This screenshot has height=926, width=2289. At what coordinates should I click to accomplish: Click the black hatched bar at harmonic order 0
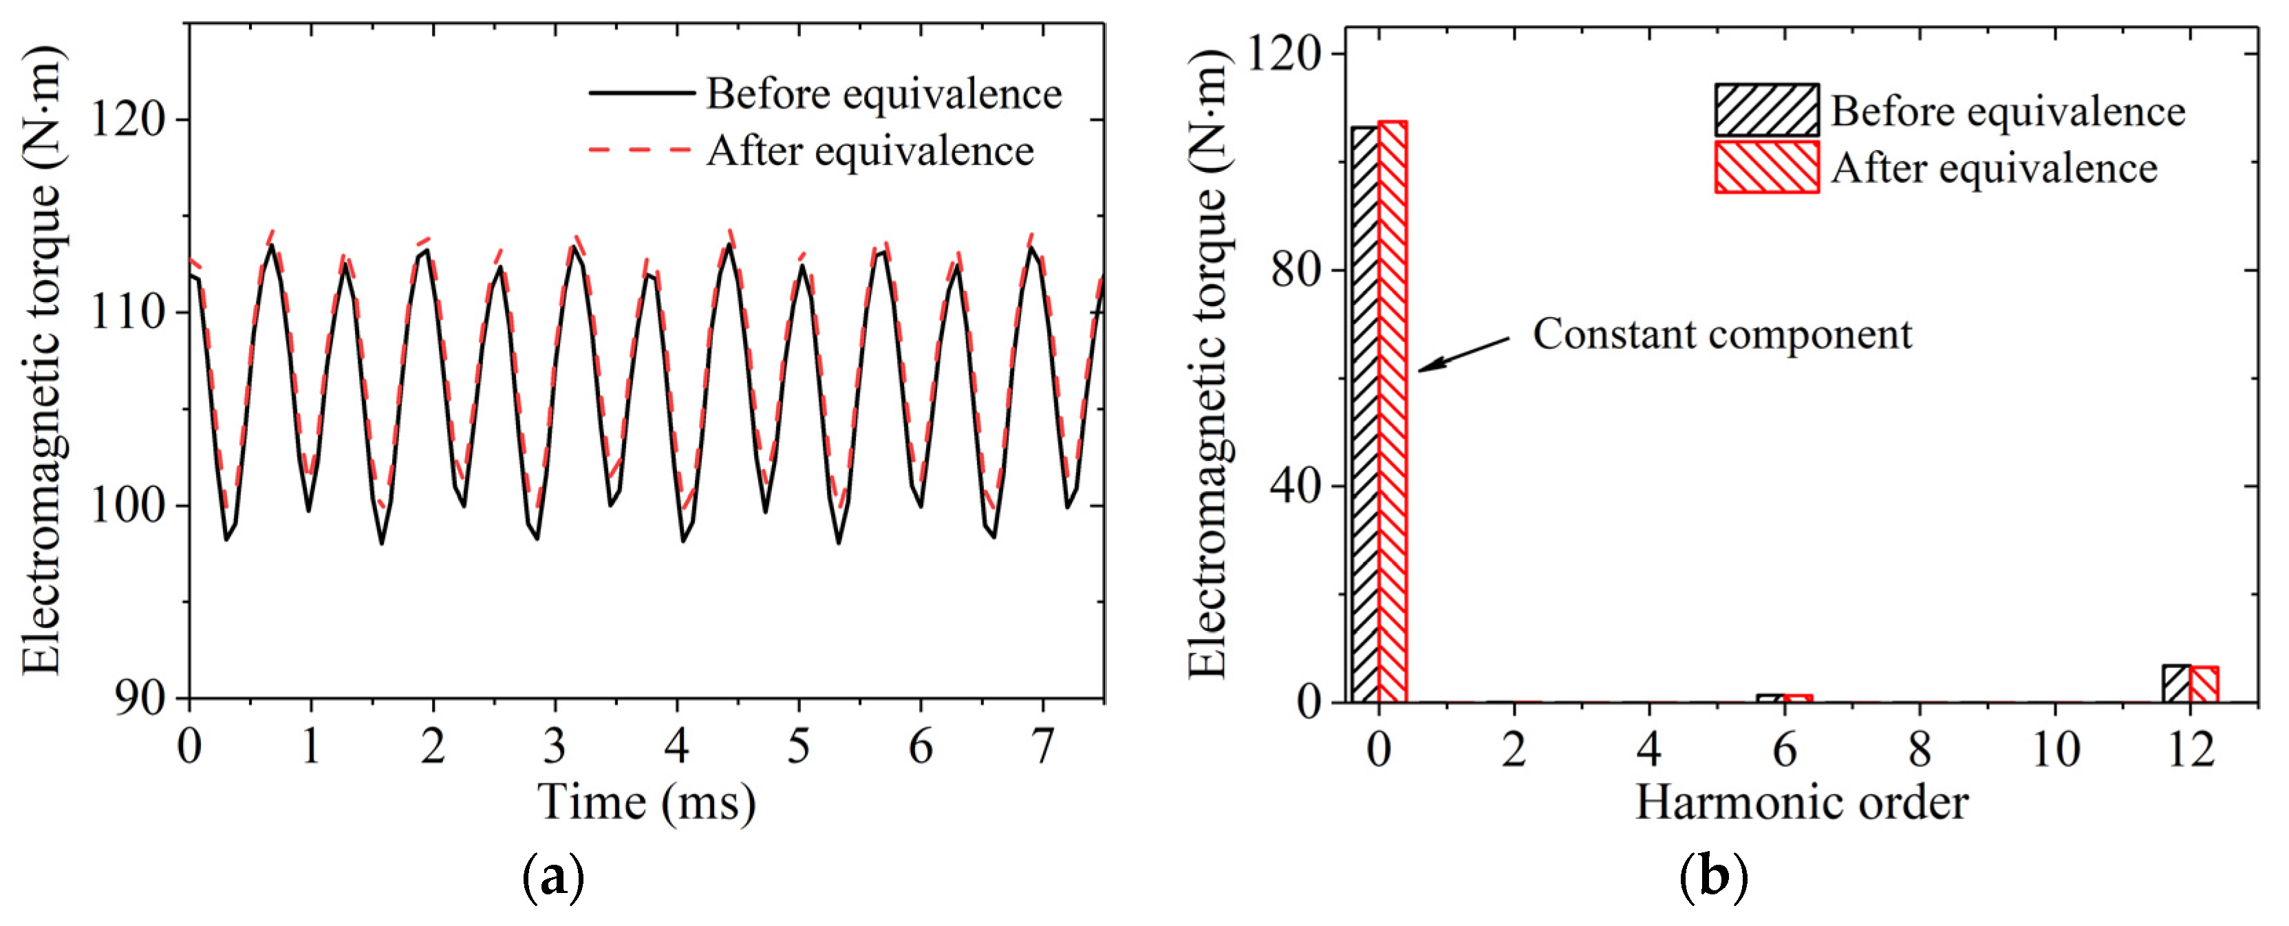tap(1365, 413)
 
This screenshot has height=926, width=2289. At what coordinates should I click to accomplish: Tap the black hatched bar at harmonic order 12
tap(2176, 683)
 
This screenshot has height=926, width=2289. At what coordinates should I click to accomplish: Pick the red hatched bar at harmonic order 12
tap(2204, 685)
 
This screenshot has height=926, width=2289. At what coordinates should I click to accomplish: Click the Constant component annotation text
tap(1722, 335)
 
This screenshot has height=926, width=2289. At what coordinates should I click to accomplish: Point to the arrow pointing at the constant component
tap(1463, 354)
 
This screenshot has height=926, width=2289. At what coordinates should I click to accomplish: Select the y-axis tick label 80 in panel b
tap(1296, 269)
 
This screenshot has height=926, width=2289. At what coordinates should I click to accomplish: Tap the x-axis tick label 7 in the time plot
tap(1042, 746)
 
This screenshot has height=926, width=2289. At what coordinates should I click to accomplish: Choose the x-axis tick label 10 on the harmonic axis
tap(2055, 749)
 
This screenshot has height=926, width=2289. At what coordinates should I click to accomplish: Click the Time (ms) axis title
tap(646, 802)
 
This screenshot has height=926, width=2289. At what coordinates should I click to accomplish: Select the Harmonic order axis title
tap(1801, 802)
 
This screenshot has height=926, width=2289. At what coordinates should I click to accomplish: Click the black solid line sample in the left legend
tap(641, 92)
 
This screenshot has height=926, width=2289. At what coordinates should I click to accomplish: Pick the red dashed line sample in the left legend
tap(641, 149)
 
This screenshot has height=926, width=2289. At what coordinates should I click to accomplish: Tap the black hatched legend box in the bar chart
tap(1767, 110)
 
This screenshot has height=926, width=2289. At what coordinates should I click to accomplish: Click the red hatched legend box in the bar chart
tap(1767, 167)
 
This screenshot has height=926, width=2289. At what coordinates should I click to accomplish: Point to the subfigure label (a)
tap(554, 878)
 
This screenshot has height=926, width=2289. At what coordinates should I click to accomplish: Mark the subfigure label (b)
tap(1714, 878)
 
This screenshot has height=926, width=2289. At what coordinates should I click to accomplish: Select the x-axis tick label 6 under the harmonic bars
tap(1784, 749)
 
